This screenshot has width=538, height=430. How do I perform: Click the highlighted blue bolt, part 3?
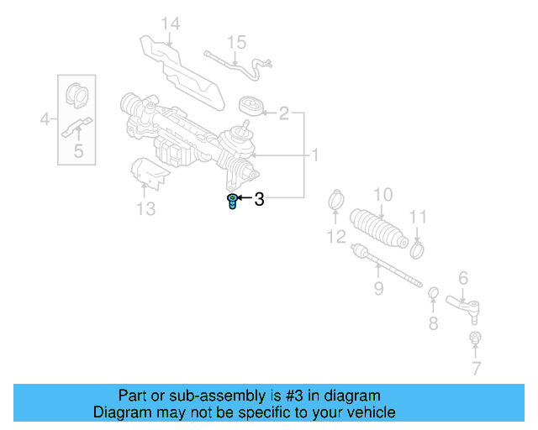coord(232,202)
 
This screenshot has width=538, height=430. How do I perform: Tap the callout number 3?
coord(259,199)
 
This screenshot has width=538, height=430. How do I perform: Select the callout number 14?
coord(171,24)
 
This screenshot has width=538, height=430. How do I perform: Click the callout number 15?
coord(236,41)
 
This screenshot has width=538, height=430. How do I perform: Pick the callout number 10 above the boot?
coord(382,194)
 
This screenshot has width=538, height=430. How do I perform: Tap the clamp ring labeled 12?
coord(336,202)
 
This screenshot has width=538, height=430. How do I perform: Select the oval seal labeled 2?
coord(250,106)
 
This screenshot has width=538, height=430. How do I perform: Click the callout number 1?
coord(315,155)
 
